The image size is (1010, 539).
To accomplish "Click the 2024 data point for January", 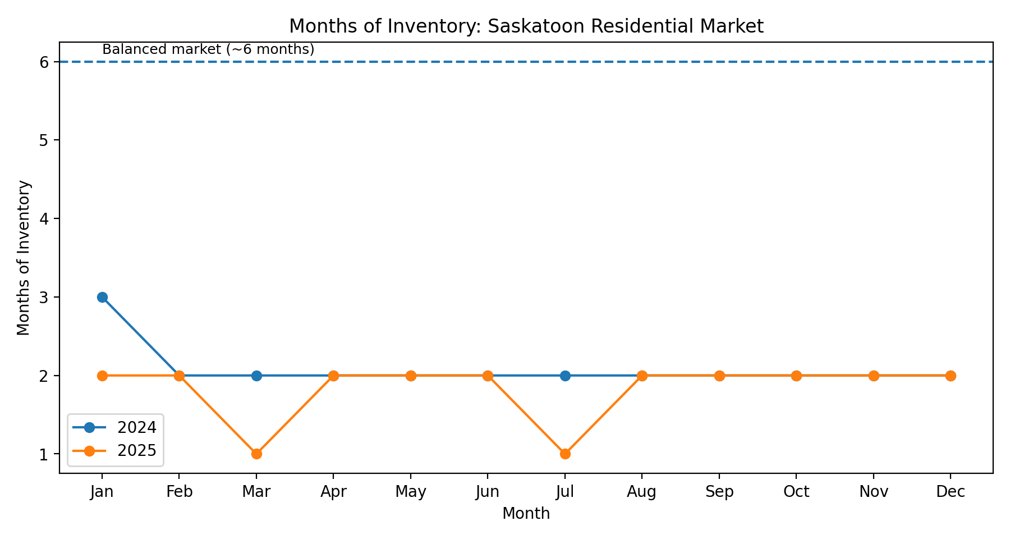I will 102,297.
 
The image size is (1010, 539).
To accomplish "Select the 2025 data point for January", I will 102,376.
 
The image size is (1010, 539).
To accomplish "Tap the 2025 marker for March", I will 256,454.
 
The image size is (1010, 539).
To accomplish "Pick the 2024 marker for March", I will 256,376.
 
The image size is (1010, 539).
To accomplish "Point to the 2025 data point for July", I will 565,454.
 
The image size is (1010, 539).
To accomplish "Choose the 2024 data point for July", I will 565,376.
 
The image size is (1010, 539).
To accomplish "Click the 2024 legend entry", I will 136,428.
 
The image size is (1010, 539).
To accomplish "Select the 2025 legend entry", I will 136,450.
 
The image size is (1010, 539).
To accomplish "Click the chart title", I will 526,26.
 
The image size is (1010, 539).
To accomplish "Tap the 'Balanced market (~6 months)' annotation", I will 208,49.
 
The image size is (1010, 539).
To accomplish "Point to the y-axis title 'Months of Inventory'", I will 24,258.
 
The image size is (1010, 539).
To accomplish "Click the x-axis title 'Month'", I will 526,513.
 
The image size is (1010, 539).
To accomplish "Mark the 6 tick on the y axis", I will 44,62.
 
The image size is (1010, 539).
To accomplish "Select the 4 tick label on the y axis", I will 44,219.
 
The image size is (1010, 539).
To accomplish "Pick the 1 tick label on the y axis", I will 44,454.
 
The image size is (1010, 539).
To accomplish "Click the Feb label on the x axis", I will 180,492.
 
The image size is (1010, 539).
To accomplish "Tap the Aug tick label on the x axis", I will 642,492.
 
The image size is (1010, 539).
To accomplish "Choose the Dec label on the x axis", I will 951,492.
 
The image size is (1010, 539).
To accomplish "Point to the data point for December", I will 951,376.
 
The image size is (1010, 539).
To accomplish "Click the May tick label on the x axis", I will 411,492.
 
